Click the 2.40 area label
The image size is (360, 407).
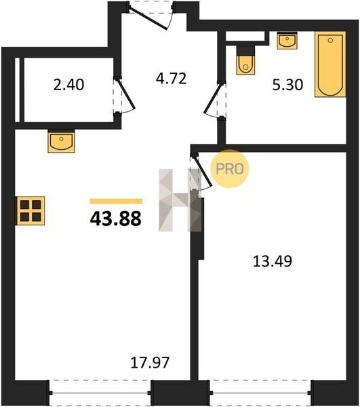click(68, 85)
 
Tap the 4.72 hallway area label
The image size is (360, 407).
click(171, 79)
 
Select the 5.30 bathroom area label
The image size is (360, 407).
click(287, 85)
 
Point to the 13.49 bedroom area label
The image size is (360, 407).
click(273, 261)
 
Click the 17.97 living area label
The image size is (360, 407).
click(150, 363)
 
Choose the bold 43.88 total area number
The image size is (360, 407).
click(116, 218)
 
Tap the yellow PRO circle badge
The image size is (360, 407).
click(230, 169)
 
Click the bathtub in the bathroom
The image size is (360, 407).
click(330, 64)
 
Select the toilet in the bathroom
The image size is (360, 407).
click(245, 60)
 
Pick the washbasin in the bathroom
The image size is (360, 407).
click(287, 40)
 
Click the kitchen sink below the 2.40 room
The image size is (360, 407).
click(61, 141)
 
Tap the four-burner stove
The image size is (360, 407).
click(31, 210)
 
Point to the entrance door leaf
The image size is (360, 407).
click(148, 19)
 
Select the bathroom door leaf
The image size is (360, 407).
click(213, 98)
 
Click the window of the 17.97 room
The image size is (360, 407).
click(100, 393)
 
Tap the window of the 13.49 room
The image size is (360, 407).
click(260, 393)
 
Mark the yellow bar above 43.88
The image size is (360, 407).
click(116, 201)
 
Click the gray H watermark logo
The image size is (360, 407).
click(180, 200)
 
